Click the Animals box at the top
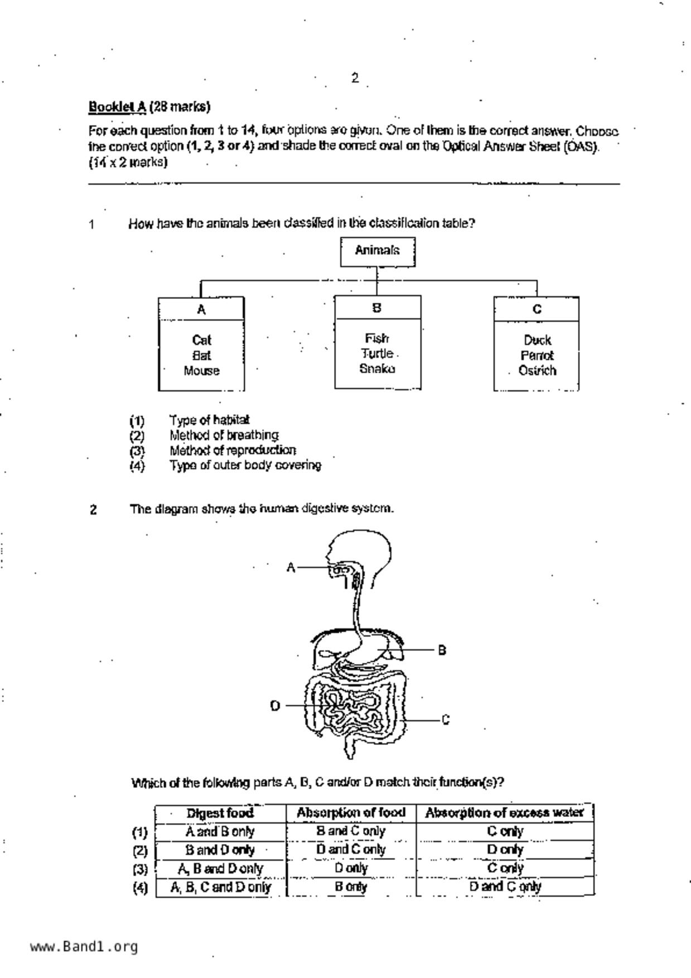click(x=378, y=251)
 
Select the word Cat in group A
click(x=201, y=340)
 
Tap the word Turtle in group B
click(x=377, y=354)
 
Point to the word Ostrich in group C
click(x=537, y=371)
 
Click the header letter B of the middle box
click(x=377, y=308)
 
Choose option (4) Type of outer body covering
click(x=245, y=465)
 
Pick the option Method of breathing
click(x=224, y=435)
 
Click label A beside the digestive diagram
click(x=291, y=568)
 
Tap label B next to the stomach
click(x=442, y=650)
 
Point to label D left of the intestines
click(x=275, y=706)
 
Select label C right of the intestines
click(x=445, y=720)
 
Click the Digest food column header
click(x=220, y=814)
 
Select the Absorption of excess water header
click(x=505, y=813)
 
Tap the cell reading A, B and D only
click(x=220, y=869)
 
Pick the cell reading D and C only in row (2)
click(x=351, y=850)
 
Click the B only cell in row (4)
click(x=351, y=887)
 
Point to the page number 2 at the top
click(x=355, y=78)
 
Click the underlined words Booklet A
click(x=117, y=106)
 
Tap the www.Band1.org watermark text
click(x=84, y=947)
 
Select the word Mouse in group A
click(x=201, y=371)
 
